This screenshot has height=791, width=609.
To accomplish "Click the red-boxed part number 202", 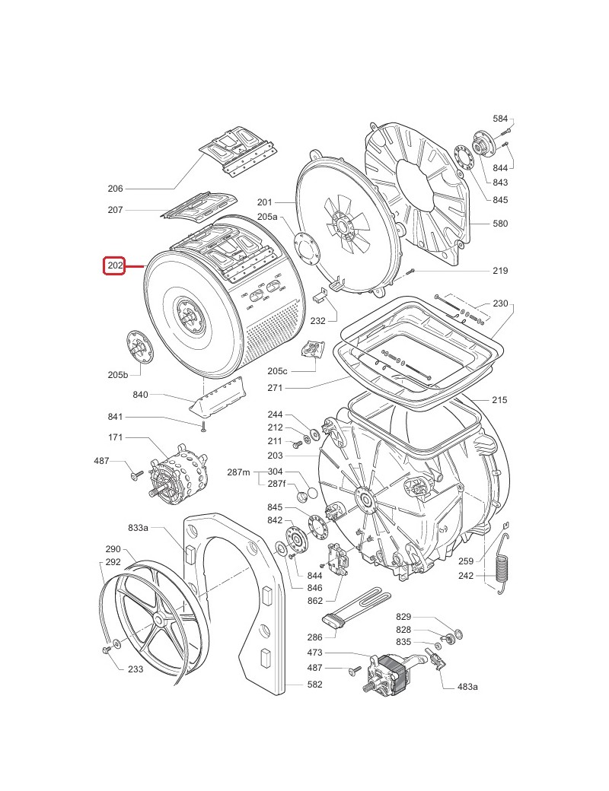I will click(x=114, y=266).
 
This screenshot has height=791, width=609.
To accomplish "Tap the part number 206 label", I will click(x=115, y=189).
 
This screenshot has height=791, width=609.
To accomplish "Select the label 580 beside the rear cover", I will click(x=500, y=224).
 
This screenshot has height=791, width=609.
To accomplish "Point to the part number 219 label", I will click(x=500, y=271).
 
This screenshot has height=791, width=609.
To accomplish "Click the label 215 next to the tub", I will click(x=500, y=400).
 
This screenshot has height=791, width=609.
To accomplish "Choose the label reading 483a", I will click(x=467, y=687).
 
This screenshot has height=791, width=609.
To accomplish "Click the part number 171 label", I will click(x=115, y=438).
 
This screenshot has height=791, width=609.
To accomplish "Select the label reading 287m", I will click(x=238, y=472).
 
